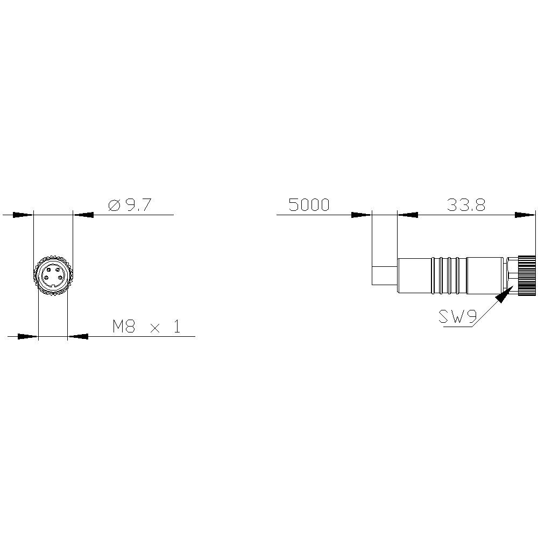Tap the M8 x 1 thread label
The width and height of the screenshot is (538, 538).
click(146, 327)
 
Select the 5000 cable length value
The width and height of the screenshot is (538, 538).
click(309, 205)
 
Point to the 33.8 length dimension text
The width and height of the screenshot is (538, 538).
click(466, 205)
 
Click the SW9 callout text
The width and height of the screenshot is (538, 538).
click(458, 317)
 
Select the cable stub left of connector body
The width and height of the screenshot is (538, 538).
click(384, 275)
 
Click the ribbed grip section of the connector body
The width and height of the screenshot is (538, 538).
click(448, 276)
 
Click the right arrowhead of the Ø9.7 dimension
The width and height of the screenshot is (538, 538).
click(83, 215)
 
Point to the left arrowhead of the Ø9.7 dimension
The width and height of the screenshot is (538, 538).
click(23, 215)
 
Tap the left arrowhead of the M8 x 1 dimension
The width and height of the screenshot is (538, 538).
click(28, 337)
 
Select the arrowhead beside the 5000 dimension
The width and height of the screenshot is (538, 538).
click(361, 215)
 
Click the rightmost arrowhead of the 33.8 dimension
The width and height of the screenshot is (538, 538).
click(525, 215)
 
